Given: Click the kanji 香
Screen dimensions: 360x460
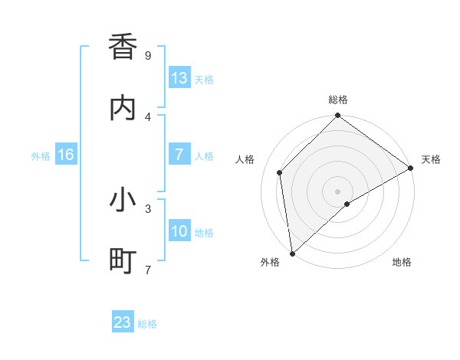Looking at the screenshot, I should (x=123, y=47).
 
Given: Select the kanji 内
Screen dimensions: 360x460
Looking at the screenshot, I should (x=123, y=108).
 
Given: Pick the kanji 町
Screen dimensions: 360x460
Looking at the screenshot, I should (x=123, y=261).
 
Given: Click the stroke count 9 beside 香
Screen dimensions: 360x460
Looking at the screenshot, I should (x=148, y=55).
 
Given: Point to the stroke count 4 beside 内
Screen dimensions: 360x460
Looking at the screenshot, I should (x=148, y=116).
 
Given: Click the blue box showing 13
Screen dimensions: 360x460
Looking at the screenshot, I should (x=179, y=78).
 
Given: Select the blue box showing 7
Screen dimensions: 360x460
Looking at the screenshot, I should (x=179, y=155).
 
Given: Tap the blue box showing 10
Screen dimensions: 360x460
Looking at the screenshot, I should (x=179, y=231).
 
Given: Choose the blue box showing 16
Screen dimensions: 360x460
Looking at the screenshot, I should (x=66, y=155).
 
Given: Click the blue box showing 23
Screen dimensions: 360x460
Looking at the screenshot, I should (x=123, y=322).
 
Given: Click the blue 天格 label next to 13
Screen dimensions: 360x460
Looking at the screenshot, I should (x=204, y=79).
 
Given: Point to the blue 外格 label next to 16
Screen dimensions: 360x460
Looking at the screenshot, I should (x=41, y=155).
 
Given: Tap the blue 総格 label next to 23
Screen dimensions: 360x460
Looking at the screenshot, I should (x=147, y=323).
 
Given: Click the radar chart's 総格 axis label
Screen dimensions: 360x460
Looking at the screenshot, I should (x=338, y=100).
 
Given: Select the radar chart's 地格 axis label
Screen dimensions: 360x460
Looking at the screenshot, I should (x=402, y=262).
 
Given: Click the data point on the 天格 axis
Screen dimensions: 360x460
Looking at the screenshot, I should (x=411, y=168).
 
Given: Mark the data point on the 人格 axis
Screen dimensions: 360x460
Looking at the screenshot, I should (x=280, y=172).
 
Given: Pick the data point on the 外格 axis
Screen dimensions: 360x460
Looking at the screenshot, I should (x=292, y=254).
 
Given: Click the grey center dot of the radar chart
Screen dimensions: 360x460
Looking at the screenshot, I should (x=338, y=191).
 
